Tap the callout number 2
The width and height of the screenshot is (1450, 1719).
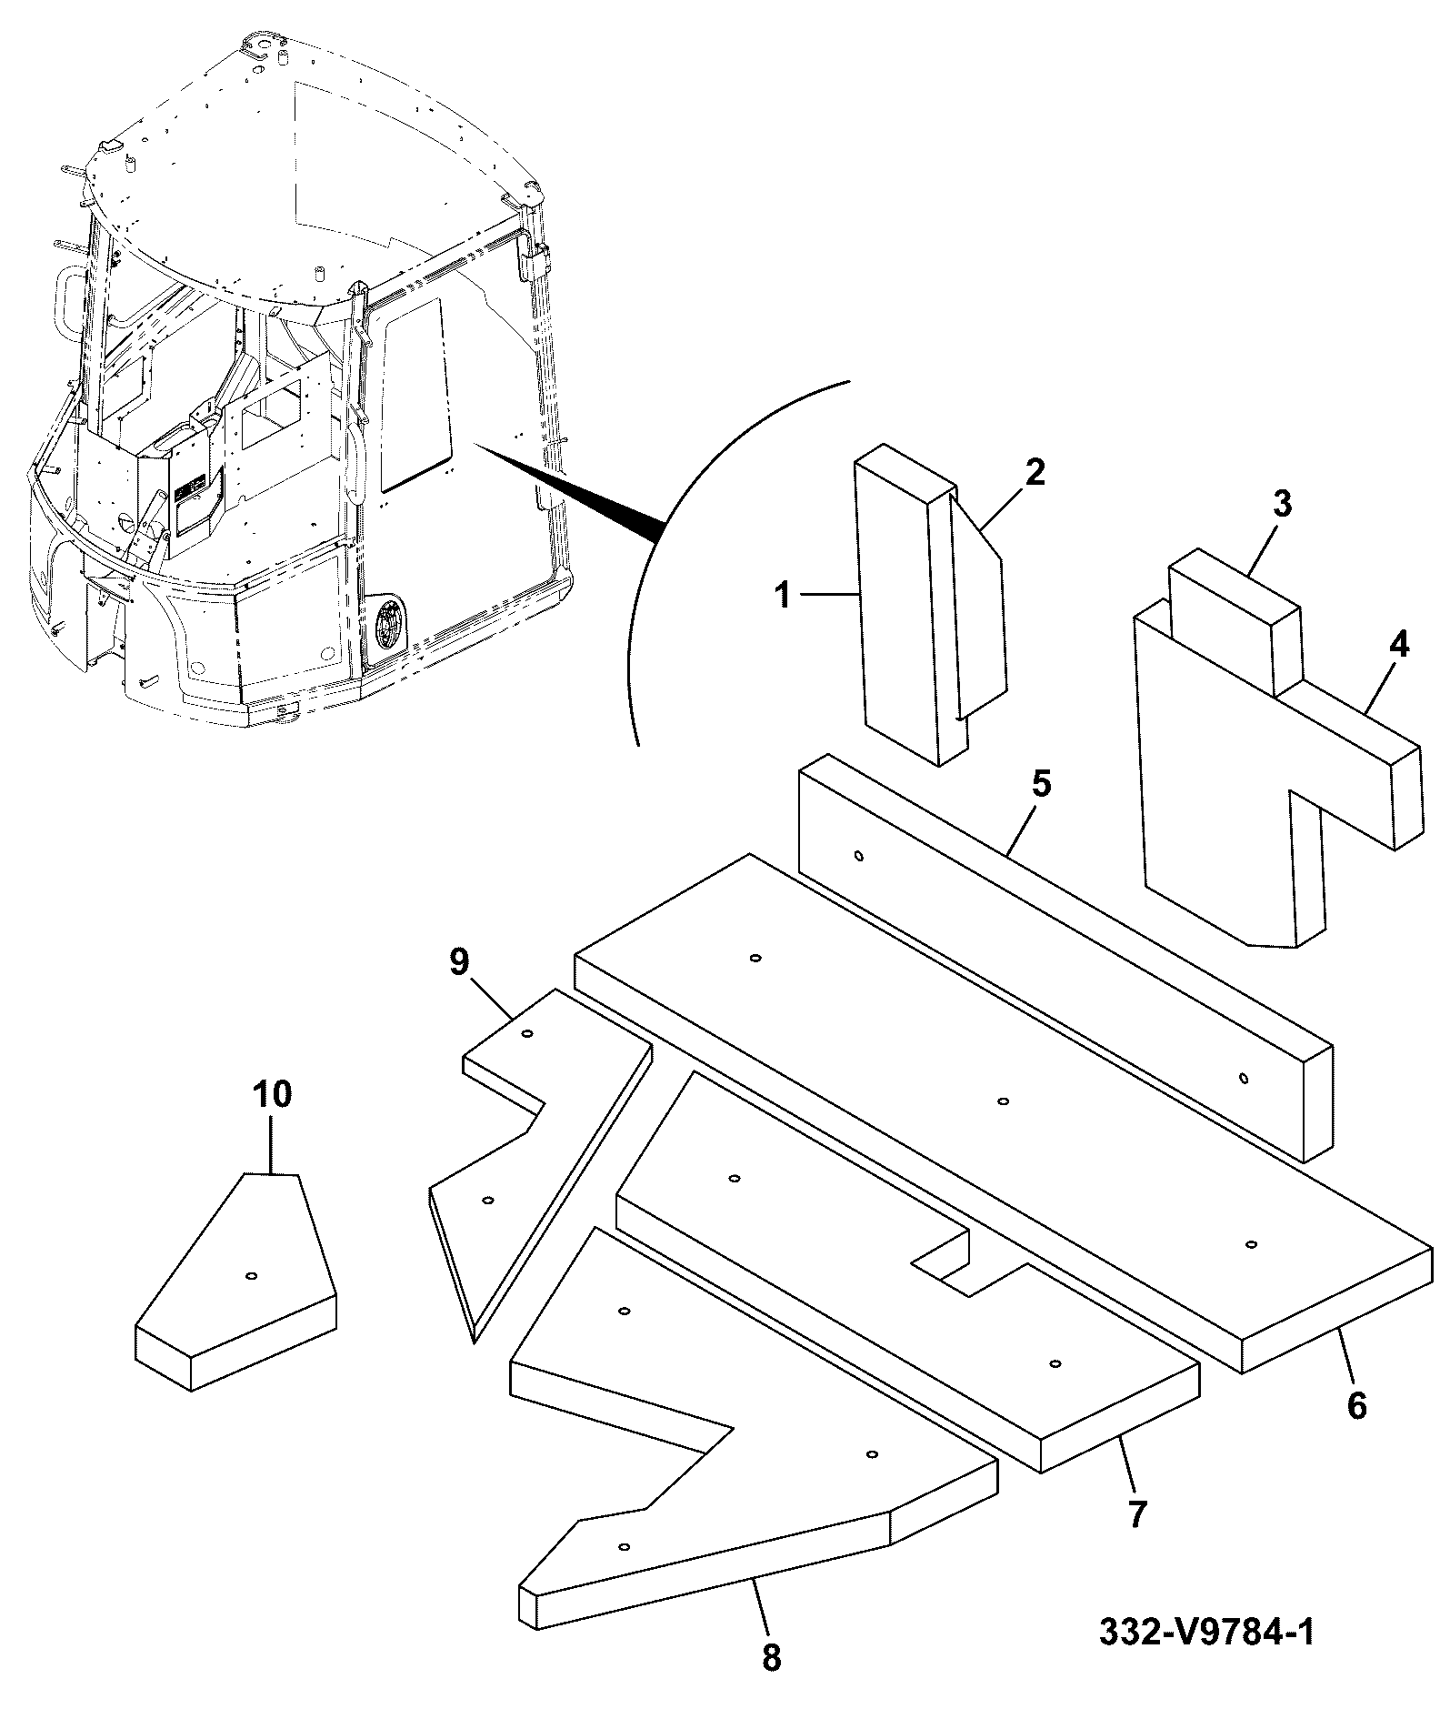coord(1035,472)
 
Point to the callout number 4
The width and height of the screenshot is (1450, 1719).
coord(1399,645)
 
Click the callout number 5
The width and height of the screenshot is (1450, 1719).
coord(1041,784)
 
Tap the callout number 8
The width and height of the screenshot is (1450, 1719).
coord(771,1657)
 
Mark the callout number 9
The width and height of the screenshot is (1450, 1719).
coord(459,962)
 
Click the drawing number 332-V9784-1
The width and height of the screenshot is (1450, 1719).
coord(1206,1631)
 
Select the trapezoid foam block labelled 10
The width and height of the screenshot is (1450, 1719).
coord(236,1282)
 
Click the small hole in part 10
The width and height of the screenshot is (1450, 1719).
coord(252,1275)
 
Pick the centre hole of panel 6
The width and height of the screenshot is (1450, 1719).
coord(1004,1101)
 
